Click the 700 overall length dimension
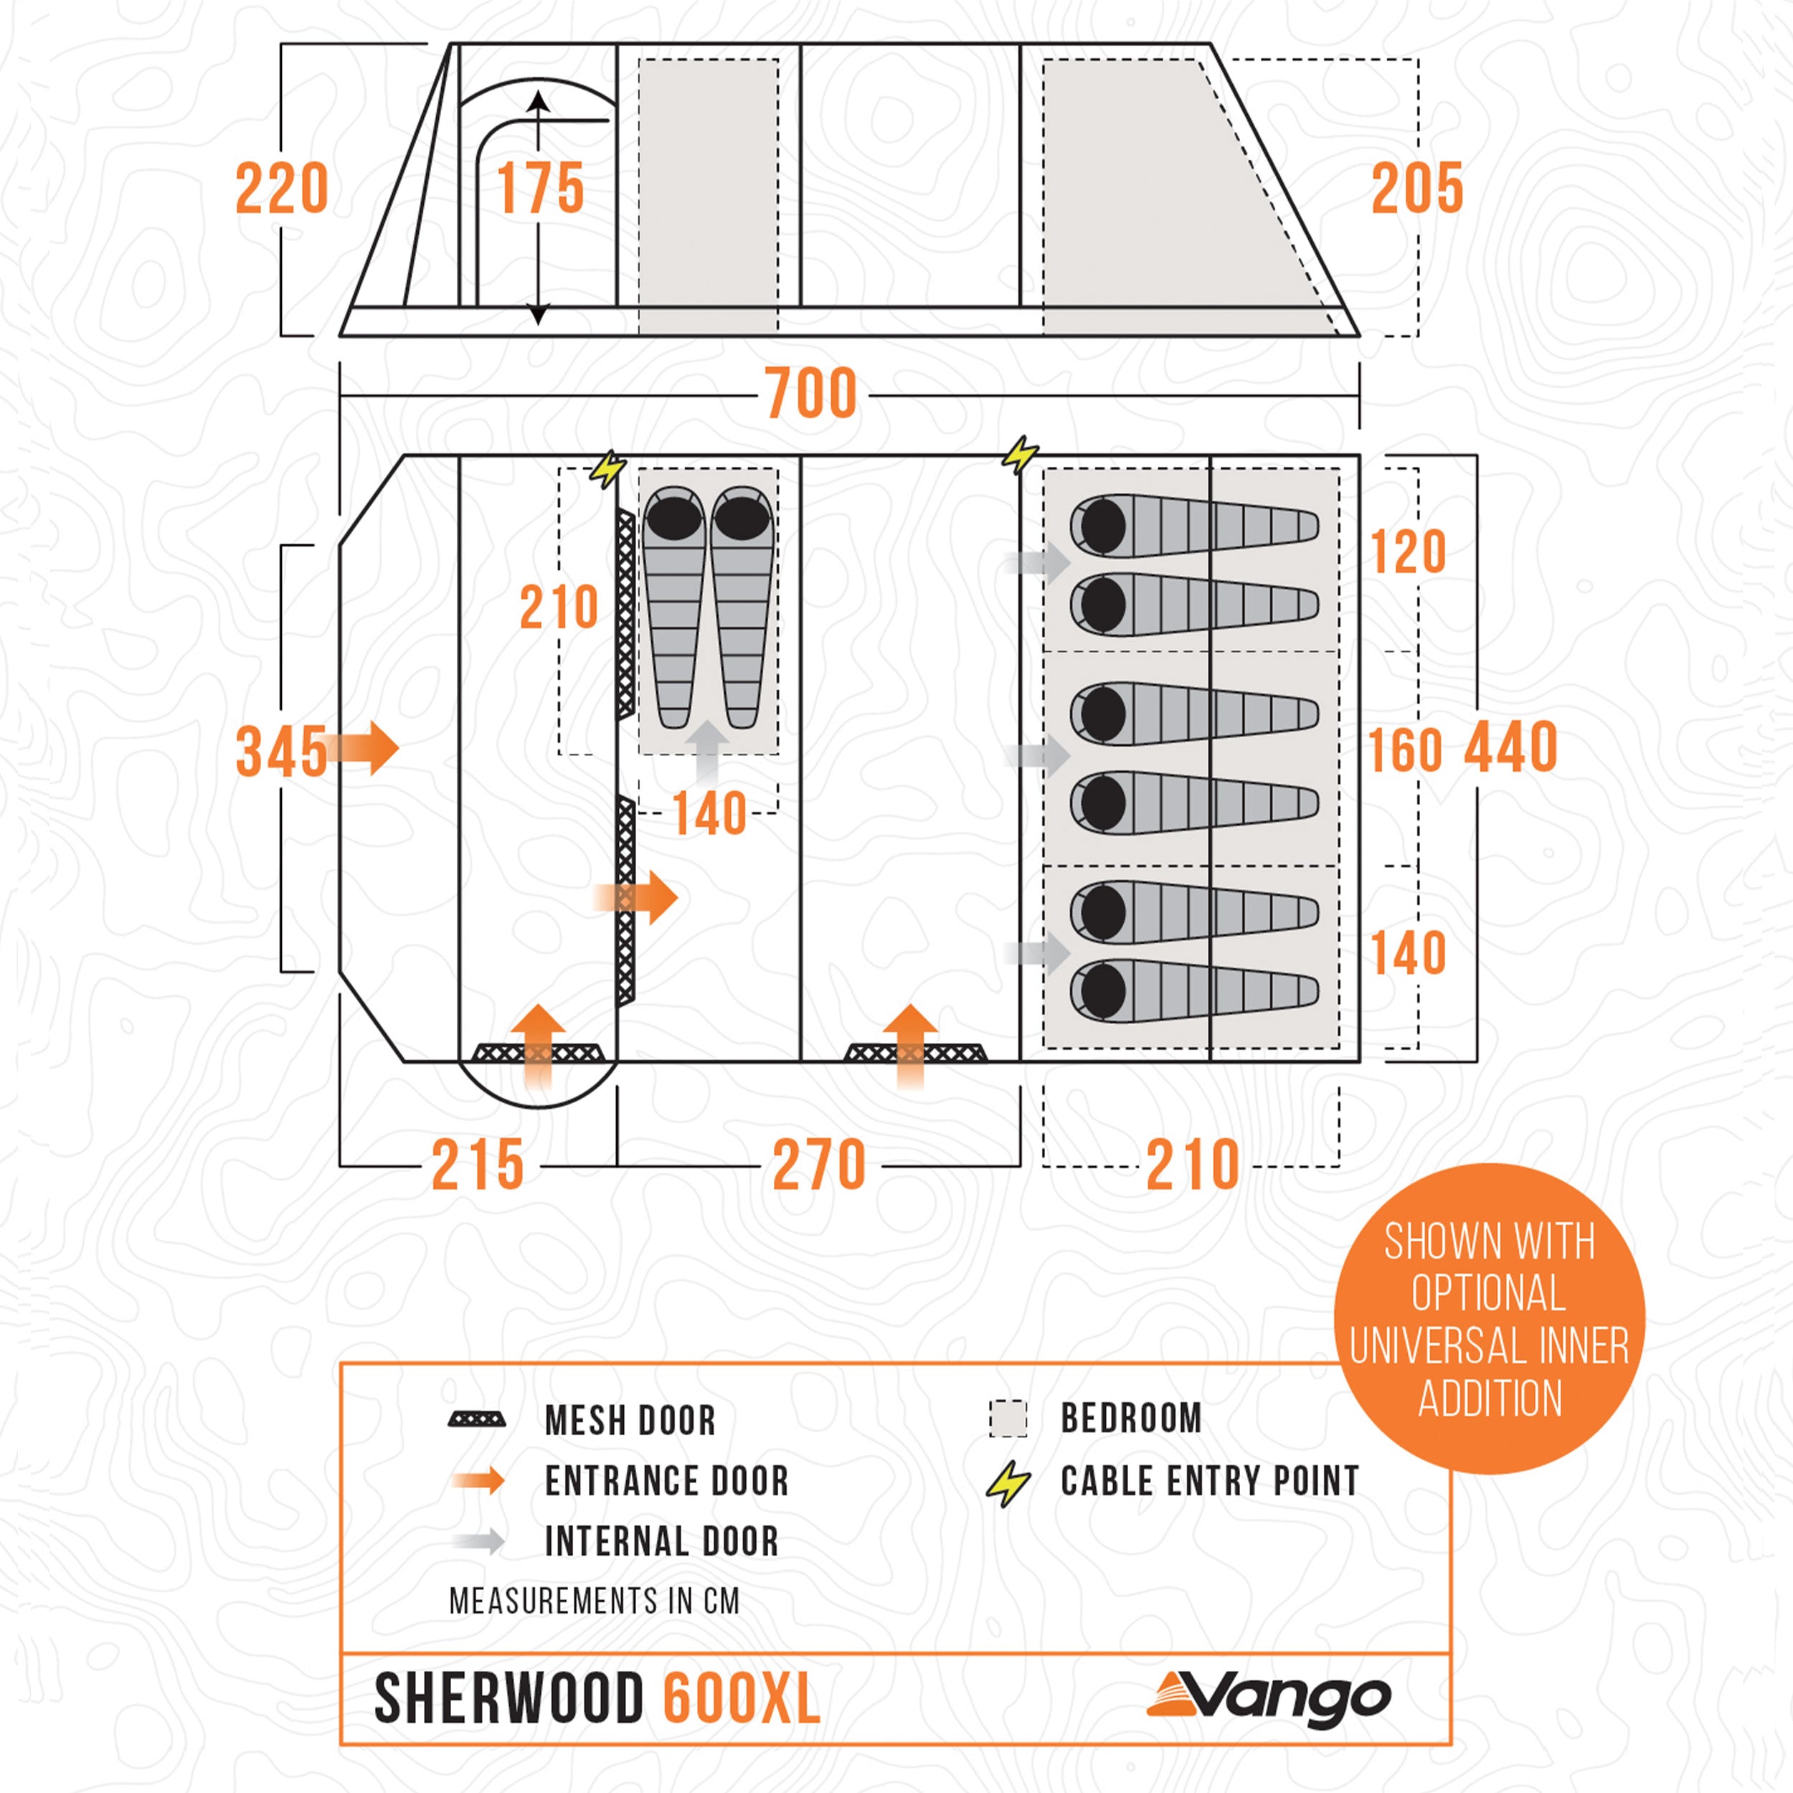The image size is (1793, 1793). [810, 394]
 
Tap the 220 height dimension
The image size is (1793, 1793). [282, 189]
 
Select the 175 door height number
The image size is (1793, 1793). [540, 189]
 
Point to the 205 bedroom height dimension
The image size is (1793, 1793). [1416, 189]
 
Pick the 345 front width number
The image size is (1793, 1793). [281, 752]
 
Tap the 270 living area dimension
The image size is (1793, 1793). [818, 1165]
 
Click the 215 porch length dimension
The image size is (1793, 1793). [478, 1165]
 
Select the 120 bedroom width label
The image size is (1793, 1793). [1408, 553]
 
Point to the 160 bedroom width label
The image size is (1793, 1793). [1406, 751]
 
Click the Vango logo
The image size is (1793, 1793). [1269, 1699]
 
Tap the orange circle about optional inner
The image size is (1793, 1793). [1489, 1319]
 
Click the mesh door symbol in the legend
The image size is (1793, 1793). [477, 1420]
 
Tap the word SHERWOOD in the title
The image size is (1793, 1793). [508, 1699]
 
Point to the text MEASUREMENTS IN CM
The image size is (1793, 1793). [594, 1601]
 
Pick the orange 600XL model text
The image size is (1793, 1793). [741, 1699]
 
